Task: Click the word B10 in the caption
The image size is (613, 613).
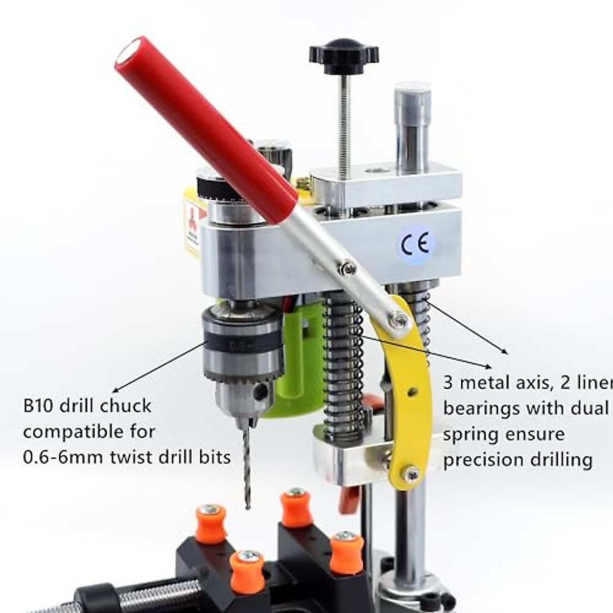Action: pyautogui.click(x=39, y=406)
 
